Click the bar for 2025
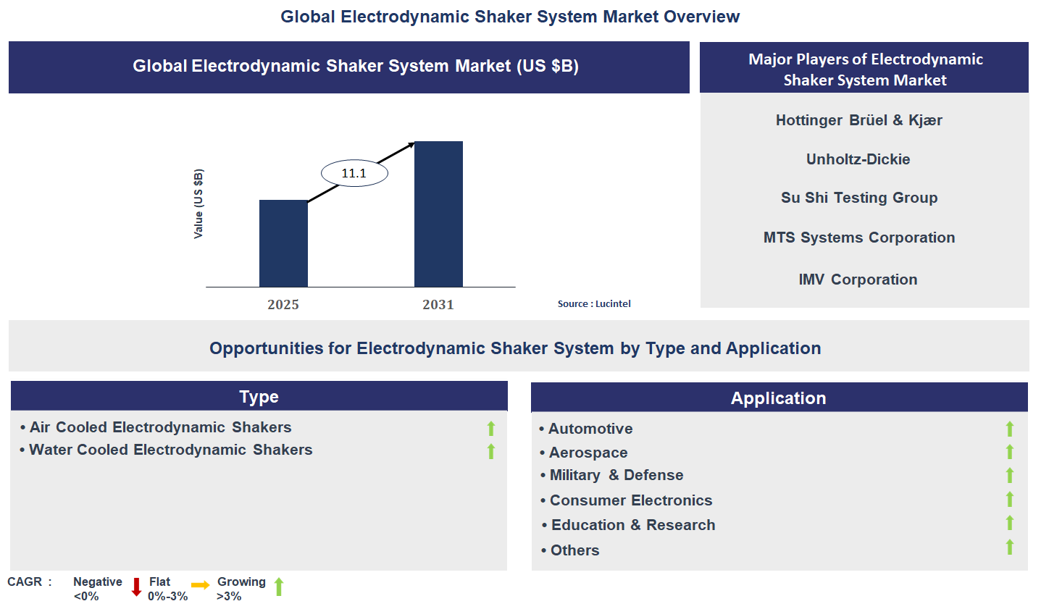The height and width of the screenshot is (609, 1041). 283,243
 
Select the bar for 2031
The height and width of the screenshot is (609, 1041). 438,214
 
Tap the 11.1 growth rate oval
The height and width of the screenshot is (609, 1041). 354,173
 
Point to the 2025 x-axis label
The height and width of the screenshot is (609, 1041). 283,305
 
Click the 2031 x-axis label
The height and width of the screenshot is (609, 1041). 438,305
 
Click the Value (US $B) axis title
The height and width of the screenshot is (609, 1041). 198,203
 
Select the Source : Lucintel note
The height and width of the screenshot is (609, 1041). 594,304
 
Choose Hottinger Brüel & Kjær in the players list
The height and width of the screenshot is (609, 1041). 858,120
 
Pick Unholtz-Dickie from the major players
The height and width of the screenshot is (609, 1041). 858,159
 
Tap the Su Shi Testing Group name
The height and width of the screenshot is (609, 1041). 859,198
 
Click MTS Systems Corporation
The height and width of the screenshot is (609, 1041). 859,238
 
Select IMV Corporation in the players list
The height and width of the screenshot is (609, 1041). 858,280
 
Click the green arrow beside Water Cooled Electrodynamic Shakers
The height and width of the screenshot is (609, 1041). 491,451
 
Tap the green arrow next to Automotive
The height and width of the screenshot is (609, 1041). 1010,429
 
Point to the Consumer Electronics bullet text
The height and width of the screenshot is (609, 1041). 630,500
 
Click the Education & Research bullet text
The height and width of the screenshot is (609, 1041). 632,525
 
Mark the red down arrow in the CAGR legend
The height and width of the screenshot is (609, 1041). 136,587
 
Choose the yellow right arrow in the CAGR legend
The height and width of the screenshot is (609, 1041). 201,585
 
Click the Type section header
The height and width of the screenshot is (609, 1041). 259,397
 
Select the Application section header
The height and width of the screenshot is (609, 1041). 778,398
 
